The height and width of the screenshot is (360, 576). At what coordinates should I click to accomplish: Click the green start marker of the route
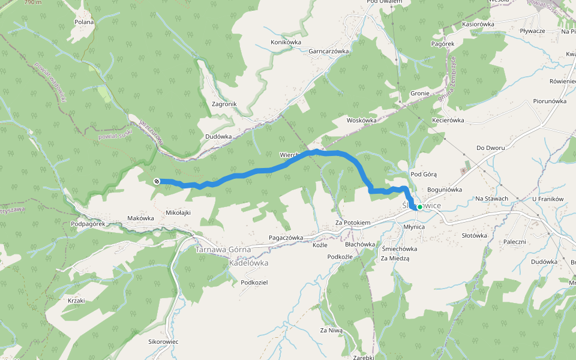click(x=419, y=207)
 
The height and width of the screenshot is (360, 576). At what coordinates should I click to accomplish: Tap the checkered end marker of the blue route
click(x=157, y=181)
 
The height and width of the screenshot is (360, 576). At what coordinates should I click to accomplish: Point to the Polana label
click(x=85, y=22)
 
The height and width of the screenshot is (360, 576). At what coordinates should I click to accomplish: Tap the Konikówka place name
click(x=286, y=42)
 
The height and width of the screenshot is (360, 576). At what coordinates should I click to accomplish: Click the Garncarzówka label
click(x=329, y=52)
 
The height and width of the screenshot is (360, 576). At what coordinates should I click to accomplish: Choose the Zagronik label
click(x=224, y=104)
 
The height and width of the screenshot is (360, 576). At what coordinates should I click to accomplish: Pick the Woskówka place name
click(x=361, y=120)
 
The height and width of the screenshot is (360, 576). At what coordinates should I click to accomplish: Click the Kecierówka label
click(x=448, y=120)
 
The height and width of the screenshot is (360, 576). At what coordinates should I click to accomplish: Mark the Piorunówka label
click(x=550, y=101)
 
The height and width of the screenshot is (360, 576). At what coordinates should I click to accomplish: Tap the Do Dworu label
click(x=490, y=148)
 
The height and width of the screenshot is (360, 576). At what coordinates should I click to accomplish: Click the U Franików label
click(x=548, y=199)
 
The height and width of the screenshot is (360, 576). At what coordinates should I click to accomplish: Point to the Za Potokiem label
click(x=353, y=223)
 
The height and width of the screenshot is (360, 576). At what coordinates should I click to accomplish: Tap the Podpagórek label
click(x=88, y=224)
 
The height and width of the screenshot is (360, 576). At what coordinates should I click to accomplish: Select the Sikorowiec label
click(x=163, y=341)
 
